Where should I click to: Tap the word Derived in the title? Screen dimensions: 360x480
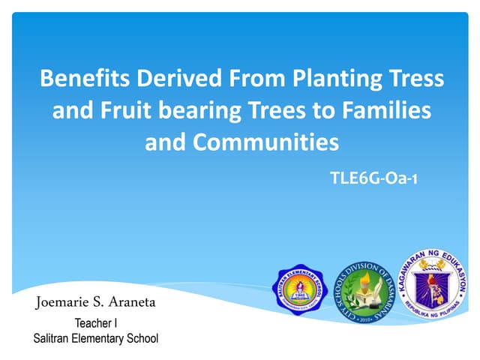(166, 78)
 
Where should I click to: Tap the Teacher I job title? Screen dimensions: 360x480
(96, 324)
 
